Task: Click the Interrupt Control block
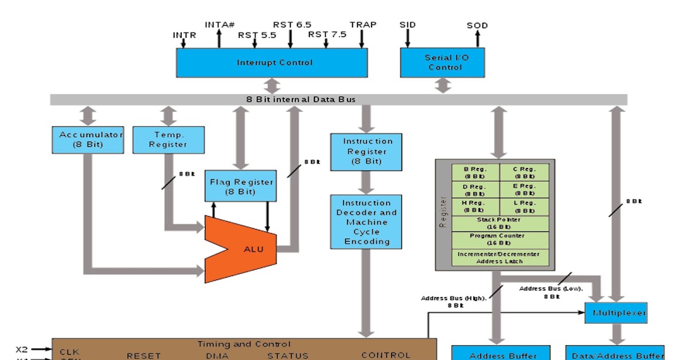coord(272,62)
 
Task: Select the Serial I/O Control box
coord(442,62)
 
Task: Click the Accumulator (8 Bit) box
coord(87,139)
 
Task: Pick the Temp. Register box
coord(168,139)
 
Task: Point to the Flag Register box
coord(240,186)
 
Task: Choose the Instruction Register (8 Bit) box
coord(366,151)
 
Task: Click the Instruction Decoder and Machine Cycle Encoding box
coord(366,222)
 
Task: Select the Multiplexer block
coord(616,313)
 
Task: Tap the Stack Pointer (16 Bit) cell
coord(500,223)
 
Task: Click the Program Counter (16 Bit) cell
coord(500,239)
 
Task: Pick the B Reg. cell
coord(475,173)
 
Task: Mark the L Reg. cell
coord(524,206)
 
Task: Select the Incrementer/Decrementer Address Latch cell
coord(500,257)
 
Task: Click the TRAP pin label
coord(363,25)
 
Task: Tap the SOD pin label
coord(477,26)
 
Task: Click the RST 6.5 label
coord(292,25)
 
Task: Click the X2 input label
coord(22,349)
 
